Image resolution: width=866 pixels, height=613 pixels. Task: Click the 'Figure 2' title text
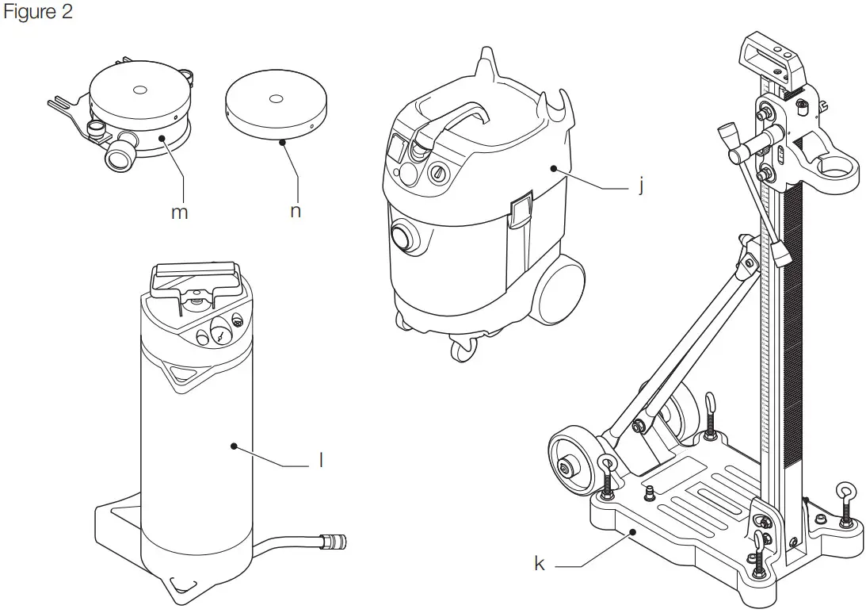point(38,13)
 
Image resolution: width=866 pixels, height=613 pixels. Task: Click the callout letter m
point(180,213)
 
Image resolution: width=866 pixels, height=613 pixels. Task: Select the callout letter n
point(295,212)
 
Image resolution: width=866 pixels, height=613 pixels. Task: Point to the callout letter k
point(540,565)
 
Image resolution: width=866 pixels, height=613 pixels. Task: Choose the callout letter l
point(320,460)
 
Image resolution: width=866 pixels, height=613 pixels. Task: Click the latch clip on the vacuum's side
point(521,210)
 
